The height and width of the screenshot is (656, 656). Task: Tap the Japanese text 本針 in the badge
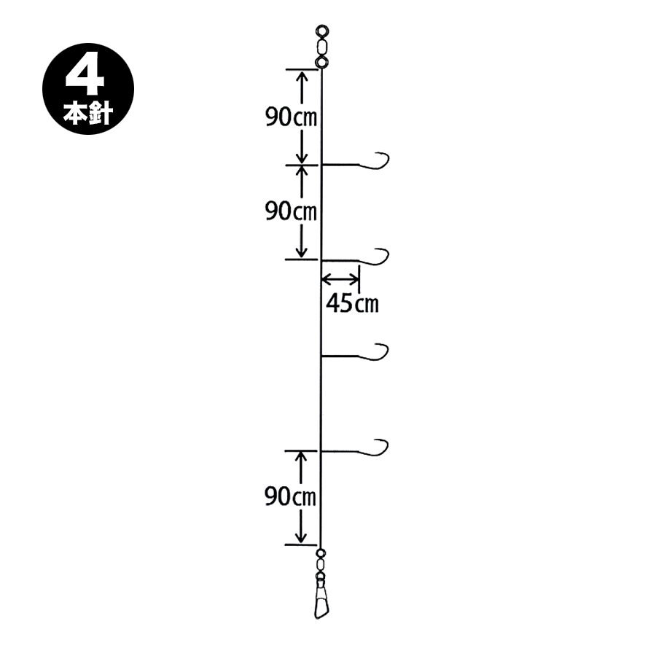pos(88,113)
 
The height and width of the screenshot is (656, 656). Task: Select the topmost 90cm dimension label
pos(291,117)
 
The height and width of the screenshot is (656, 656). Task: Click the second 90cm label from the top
pos(291,211)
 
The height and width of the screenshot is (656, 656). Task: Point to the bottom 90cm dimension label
pos(290,496)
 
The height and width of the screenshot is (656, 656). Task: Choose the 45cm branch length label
pos(352,303)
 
